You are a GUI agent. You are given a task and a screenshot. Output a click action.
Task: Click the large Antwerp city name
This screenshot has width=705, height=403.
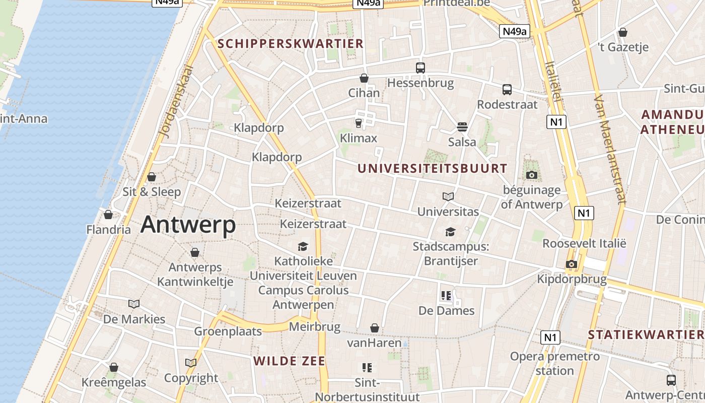point(188,224)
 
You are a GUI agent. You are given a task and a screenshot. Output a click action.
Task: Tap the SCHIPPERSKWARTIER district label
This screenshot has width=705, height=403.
point(291,44)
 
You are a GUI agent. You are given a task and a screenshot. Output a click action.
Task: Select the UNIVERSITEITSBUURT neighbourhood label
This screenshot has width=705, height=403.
point(433,168)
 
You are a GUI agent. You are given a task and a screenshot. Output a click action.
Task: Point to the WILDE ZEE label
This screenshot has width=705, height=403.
point(290,361)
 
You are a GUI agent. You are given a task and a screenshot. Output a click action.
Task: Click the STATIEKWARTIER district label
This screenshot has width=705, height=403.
point(646,334)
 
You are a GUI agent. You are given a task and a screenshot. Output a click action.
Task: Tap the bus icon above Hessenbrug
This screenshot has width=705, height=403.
point(420,68)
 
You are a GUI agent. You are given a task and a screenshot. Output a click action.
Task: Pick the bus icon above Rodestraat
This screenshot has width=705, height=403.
point(507,90)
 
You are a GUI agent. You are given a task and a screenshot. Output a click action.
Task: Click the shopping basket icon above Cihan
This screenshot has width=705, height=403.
point(364,78)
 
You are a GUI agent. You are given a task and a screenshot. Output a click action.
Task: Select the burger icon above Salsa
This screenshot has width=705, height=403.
point(462,126)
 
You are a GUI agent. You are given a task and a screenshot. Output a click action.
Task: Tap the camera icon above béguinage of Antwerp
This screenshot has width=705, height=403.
point(531,175)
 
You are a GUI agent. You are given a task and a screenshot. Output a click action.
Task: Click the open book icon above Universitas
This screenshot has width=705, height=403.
point(448,196)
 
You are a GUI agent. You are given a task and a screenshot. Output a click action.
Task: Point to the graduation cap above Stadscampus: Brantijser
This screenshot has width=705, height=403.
point(450,232)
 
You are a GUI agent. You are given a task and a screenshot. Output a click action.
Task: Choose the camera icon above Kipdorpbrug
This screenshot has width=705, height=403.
point(571,264)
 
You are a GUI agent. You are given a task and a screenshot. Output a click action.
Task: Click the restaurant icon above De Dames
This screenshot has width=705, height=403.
point(446,296)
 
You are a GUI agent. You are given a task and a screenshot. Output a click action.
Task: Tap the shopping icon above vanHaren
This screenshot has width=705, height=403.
point(375,328)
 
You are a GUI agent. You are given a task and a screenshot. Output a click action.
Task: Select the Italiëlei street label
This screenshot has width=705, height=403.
point(553,81)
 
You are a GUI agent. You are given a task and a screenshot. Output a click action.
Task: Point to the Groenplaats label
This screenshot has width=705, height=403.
point(228,331)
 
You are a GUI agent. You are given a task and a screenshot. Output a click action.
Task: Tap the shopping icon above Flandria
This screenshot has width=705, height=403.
point(108,215)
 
